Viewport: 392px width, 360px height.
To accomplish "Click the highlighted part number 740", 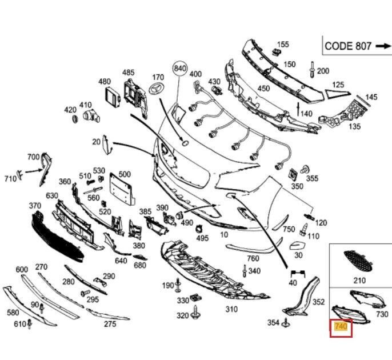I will click(341, 327).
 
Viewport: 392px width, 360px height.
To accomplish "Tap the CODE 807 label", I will click(348, 46).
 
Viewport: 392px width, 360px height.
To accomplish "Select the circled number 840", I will click(180, 69).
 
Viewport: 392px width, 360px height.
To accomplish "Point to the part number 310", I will click(231, 309).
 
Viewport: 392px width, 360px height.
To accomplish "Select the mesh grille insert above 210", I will click(358, 262).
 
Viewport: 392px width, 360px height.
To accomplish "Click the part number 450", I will click(263, 89).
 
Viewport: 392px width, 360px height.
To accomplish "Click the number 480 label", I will click(104, 82).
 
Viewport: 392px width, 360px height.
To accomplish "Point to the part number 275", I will click(110, 324).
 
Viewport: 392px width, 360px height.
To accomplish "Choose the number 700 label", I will click(33, 157).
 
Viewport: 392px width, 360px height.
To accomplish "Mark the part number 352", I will click(319, 302).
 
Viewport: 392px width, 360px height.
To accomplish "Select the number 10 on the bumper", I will click(223, 235).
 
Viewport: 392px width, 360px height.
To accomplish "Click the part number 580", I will click(13, 313).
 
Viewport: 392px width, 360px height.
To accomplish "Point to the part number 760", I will click(253, 259).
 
